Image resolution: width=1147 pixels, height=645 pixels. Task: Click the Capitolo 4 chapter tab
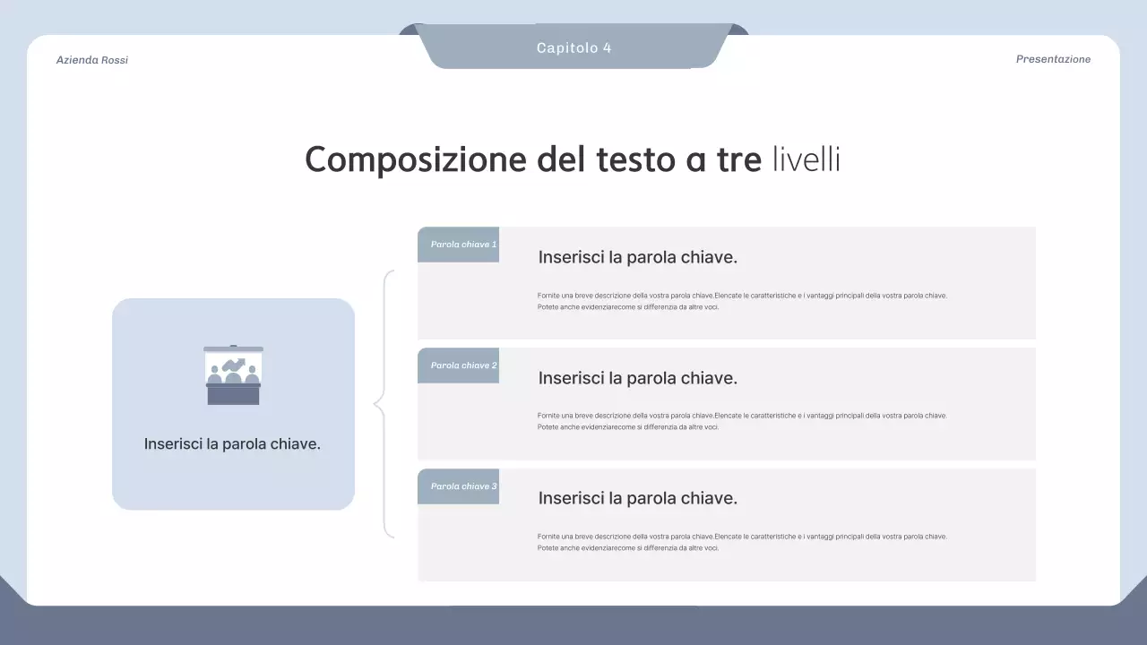pos(573,47)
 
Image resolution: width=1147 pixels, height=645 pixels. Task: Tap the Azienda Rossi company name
pos(92,60)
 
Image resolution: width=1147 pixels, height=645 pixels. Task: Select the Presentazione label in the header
pos(1053,59)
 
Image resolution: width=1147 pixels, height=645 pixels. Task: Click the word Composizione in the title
pos(415,160)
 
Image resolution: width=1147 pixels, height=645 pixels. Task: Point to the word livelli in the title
pos(806,160)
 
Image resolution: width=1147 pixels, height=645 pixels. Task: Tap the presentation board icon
pos(233,375)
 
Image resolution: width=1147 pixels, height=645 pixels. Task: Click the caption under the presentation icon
pos(232,443)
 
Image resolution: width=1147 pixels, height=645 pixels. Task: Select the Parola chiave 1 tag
pos(458,245)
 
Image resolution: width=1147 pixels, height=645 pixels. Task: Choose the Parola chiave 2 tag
pos(458,365)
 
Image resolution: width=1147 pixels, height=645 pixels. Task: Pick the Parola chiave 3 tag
pos(458,486)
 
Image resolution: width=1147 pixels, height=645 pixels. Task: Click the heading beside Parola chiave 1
pos(637,257)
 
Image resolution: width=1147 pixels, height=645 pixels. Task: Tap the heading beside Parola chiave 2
pos(637,378)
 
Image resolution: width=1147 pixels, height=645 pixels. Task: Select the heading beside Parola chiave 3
pos(637,498)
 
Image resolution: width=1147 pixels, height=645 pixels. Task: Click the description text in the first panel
pos(742,301)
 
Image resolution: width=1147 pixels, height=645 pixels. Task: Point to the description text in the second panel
pos(742,421)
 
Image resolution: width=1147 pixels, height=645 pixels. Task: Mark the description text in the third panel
pos(742,542)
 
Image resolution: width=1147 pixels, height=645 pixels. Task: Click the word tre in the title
pos(737,160)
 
